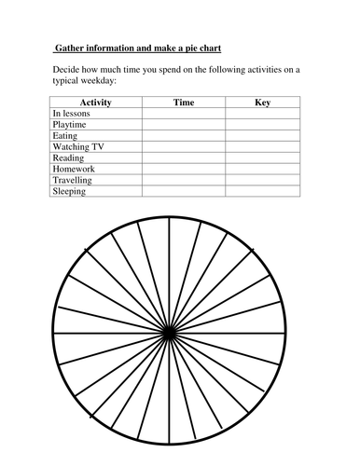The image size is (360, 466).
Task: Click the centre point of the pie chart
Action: pos(169,334)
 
